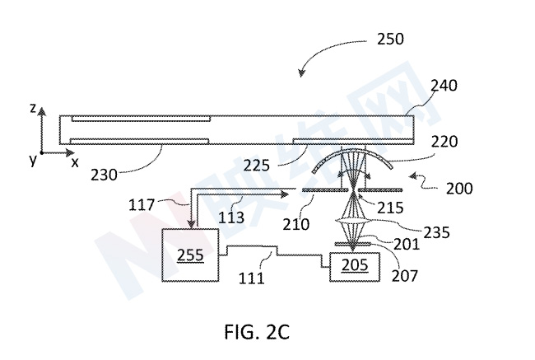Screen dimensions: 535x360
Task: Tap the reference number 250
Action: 390,39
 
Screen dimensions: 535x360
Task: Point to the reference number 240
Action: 444,86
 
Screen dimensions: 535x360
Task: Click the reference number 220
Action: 444,142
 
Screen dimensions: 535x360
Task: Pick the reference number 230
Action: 104,175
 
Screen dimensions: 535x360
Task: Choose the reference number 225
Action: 256,166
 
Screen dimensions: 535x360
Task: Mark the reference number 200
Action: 459,189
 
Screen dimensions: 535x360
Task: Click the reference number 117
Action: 142,205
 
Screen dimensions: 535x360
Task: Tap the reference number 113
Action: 231,217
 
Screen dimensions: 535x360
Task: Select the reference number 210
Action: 295,224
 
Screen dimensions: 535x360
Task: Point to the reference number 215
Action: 390,208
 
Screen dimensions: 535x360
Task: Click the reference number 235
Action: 437,232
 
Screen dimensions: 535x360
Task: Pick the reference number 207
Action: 404,276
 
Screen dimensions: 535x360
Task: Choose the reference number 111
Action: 251,278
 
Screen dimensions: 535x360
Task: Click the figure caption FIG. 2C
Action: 257,332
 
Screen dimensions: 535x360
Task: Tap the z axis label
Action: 33,108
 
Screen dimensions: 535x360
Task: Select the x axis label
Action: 75,162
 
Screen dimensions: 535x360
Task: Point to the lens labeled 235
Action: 352,222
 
